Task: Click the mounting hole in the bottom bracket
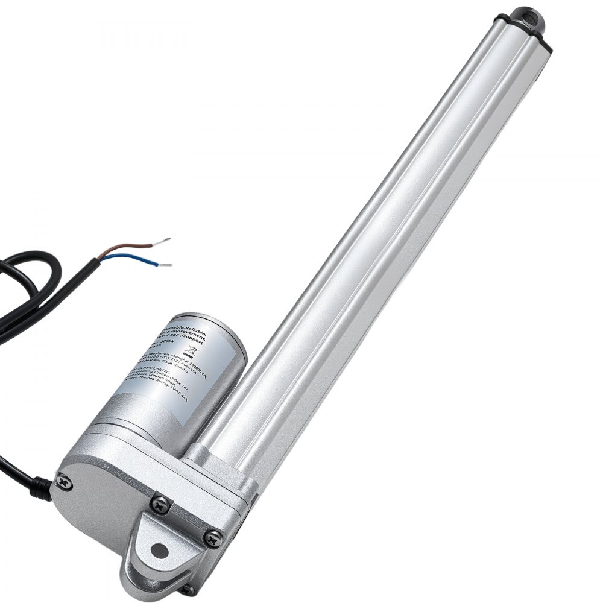coord(159,549)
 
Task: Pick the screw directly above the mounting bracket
coord(160,502)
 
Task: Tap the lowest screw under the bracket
coord(188,589)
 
